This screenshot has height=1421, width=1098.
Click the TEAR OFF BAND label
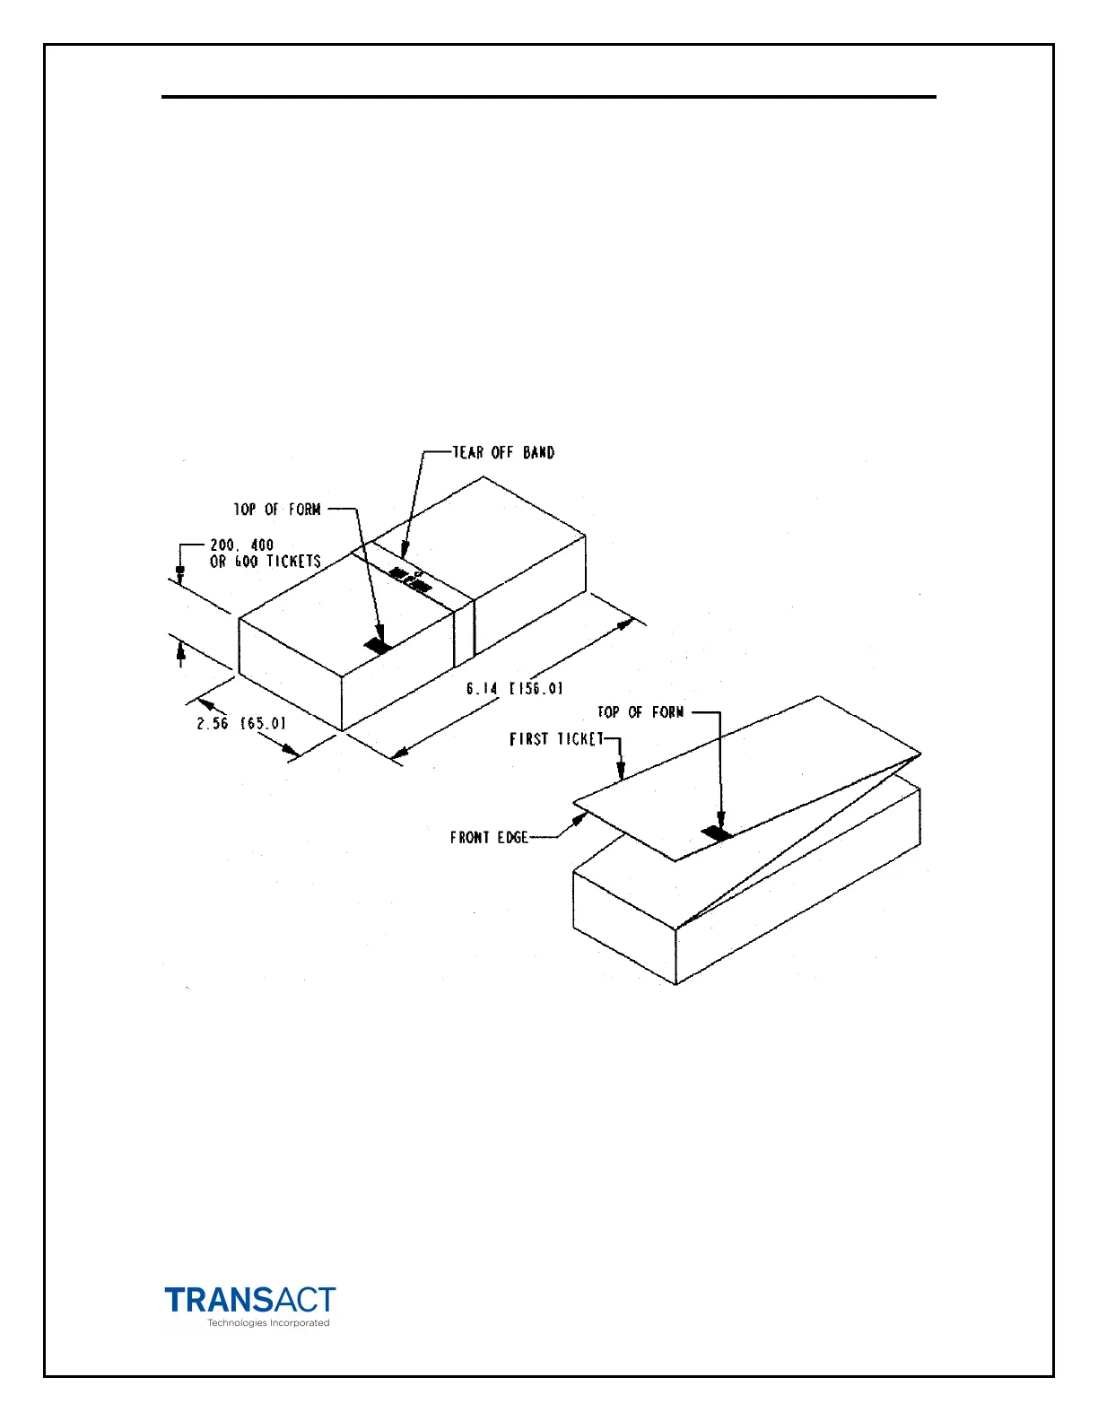pyautogui.click(x=503, y=452)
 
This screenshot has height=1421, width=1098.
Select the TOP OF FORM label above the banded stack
pyautogui.click(x=277, y=510)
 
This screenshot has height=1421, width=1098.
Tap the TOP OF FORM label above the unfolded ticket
pyautogui.click(x=640, y=712)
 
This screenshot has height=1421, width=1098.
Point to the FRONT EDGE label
pyautogui.click(x=489, y=838)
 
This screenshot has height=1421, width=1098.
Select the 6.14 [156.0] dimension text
pyautogui.click(x=514, y=689)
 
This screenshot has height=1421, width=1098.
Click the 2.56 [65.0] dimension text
pyautogui.click(x=242, y=723)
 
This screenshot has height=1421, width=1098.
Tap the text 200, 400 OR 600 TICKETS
pyautogui.click(x=265, y=554)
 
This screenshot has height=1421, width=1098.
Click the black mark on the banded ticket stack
pyautogui.click(x=378, y=645)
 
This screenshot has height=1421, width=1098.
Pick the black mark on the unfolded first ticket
pyautogui.click(x=717, y=833)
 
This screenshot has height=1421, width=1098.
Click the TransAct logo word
pyautogui.click(x=250, y=1300)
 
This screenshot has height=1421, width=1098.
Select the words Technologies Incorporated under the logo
pyautogui.click(x=268, y=1323)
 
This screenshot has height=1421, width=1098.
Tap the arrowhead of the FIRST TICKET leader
pyautogui.click(x=621, y=773)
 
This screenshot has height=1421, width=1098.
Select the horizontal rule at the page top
pyautogui.click(x=548, y=96)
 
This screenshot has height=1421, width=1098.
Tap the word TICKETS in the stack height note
pyautogui.click(x=293, y=562)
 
